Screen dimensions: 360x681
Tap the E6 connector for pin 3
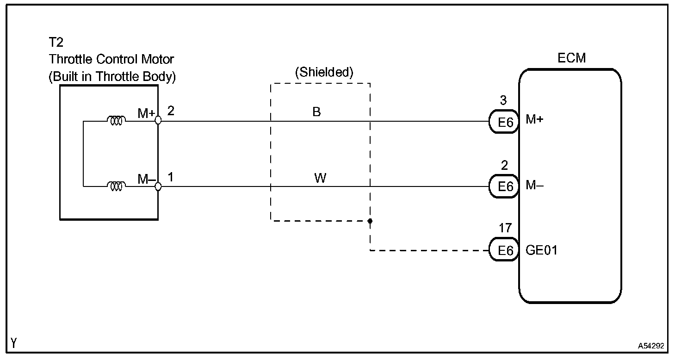click(505, 122)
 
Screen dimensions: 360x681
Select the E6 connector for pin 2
click(505, 186)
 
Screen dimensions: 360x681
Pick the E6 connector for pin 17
click(505, 250)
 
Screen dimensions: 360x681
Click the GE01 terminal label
click(542, 250)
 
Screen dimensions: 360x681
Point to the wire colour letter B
click(317, 112)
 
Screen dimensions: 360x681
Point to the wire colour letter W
click(320, 178)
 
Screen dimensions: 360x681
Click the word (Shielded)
click(324, 72)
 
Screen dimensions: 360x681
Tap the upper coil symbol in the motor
click(116, 121)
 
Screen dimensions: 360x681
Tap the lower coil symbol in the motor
click(116, 186)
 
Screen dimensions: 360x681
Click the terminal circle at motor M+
click(158, 120)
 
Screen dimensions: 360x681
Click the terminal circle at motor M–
click(158, 186)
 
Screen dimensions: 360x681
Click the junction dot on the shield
click(370, 221)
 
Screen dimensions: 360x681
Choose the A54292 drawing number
click(651, 346)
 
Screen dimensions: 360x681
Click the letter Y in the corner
click(15, 343)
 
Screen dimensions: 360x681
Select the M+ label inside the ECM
click(535, 120)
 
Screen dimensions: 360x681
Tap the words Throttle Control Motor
click(111, 60)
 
